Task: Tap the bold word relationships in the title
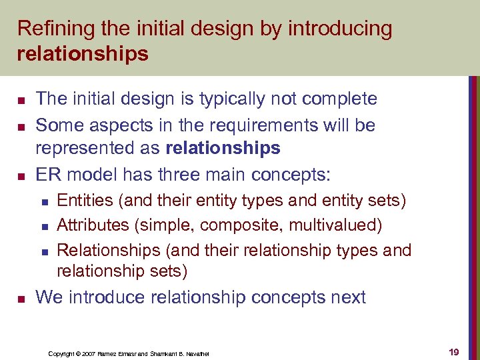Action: (83, 54)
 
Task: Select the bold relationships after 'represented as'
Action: (223, 148)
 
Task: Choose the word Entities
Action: (83, 199)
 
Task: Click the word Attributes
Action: (93, 225)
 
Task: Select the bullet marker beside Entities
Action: (43, 200)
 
